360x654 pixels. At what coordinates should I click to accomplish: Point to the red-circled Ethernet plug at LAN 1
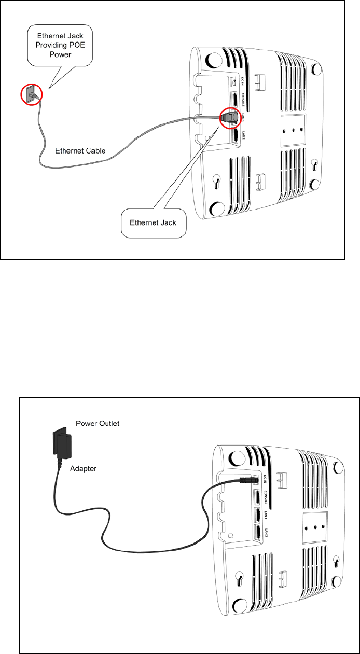tap(228, 117)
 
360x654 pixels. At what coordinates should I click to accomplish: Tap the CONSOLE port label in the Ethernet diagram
tap(242, 100)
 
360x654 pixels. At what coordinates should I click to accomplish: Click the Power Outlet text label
tap(98, 423)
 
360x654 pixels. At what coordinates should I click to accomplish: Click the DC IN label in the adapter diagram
tap(265, 480)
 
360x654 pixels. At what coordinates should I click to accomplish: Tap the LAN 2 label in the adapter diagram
tap(265, 533)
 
